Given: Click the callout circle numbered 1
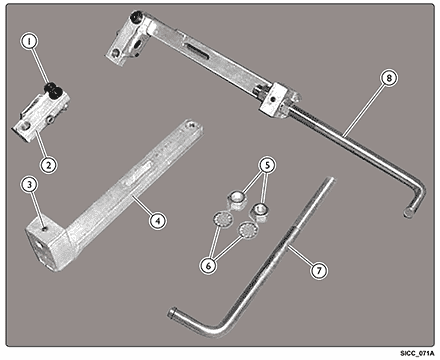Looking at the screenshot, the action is [29, 41].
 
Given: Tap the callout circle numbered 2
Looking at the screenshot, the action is [48, 164].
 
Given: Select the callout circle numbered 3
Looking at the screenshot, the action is [30, 184].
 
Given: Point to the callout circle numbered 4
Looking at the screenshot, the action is [157, 220].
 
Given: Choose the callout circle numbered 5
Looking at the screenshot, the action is [268, 165].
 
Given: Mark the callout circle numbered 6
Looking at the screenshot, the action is [208, 265].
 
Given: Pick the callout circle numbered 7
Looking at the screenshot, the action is [319, 270].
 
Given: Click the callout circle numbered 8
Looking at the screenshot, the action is [389, 78].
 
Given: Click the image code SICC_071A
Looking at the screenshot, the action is [418, 353].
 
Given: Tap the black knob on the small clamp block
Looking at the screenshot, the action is [52, 90].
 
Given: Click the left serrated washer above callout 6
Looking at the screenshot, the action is [221, 220].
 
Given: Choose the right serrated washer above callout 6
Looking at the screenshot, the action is [247, 230].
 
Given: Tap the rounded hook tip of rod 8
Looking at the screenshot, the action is [408, 212].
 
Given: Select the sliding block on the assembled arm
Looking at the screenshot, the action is [278, 100].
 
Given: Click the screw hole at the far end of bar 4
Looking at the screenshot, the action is [191, 125].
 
